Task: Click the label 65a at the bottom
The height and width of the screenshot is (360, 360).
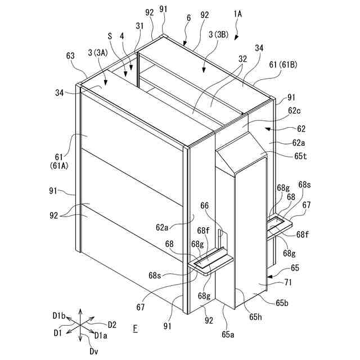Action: click(228, 334)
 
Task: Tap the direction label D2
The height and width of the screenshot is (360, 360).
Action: click(111, 325)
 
